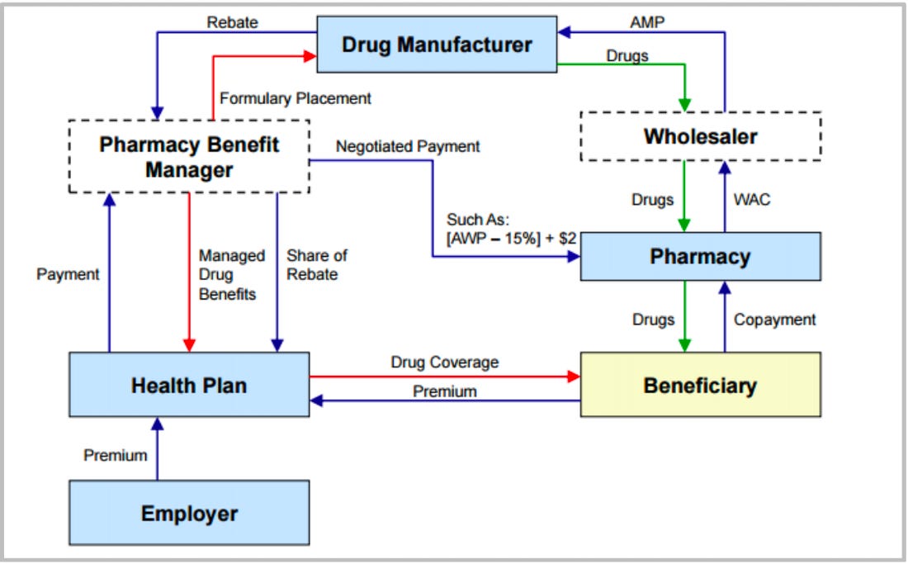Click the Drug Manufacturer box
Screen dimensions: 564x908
[437, 45]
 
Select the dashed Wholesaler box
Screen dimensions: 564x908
[701, 135]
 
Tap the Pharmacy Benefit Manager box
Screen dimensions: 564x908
[189, 157]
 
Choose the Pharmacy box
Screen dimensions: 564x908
[700, 257]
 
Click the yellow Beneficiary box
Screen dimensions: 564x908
[700, 385]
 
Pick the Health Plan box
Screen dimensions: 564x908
[189, 385]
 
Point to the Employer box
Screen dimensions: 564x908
[189, 514]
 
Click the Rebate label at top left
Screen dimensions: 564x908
[233, 22]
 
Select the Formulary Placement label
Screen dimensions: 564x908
[296, 98]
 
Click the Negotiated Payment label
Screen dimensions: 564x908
[408, 147]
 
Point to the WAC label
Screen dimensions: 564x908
[751, 200]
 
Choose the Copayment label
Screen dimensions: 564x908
[774, 320]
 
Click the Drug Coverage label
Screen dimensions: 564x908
[444, 363]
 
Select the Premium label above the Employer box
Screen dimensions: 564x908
[115, 455]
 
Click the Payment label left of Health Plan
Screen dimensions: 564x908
[68, 274]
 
